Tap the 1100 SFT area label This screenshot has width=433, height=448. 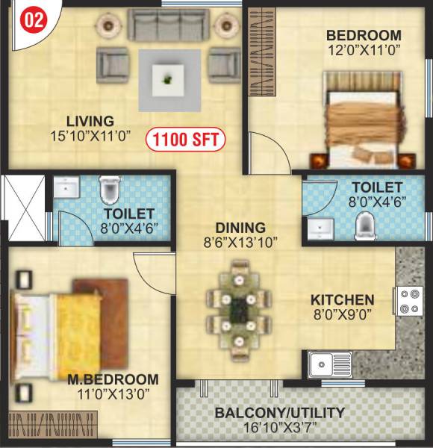186,139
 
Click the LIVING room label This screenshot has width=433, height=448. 90,121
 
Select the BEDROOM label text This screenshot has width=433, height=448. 364,35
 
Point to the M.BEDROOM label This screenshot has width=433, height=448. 113,379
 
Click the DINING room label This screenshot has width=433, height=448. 240,227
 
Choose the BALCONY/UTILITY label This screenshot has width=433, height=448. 279,412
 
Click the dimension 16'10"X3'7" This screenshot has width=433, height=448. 279,427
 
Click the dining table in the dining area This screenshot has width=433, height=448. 239,306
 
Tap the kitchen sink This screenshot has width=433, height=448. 323,364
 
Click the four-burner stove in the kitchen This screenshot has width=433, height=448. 408,300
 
